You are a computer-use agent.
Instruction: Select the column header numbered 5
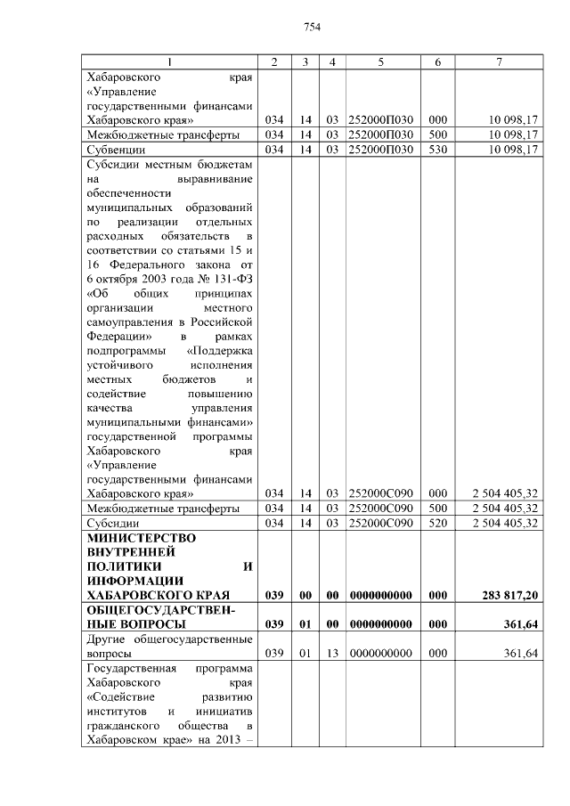tap(380, 61)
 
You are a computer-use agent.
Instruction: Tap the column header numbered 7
tap(498, 61)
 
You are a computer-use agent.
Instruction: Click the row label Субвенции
tap(111, 149)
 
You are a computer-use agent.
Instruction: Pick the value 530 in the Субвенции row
tap(437, 149)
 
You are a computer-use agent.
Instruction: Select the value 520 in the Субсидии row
tap(437, 523)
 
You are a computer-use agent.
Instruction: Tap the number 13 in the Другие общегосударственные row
tap(330, 653)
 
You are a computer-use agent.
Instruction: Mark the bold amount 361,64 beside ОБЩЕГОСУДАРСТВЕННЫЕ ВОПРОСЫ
tap(520, 623)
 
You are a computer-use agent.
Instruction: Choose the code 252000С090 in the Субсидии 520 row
tap(380, 523)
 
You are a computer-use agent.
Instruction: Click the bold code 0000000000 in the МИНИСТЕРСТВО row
tap(380, 593)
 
